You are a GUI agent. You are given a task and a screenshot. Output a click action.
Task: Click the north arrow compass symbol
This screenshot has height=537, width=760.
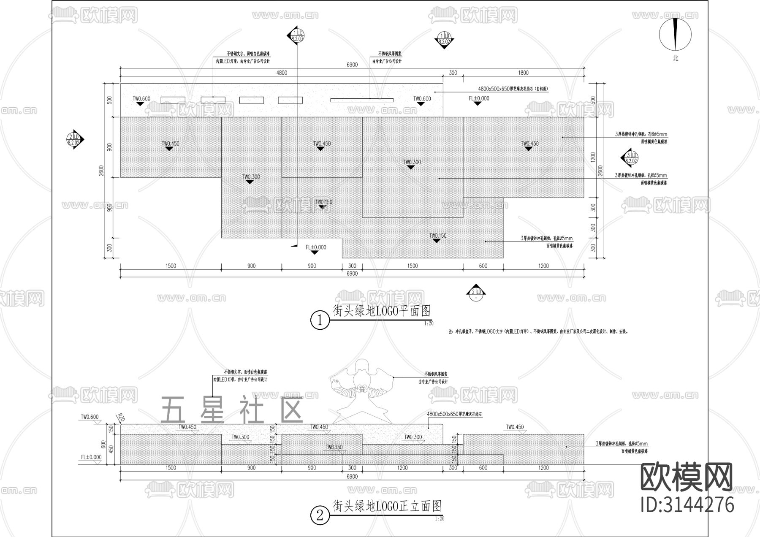[675, 35]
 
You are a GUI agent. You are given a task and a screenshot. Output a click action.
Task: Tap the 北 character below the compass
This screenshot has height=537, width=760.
[676, 58]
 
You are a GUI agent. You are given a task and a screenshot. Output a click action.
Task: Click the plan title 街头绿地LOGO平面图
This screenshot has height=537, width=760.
[382, 311]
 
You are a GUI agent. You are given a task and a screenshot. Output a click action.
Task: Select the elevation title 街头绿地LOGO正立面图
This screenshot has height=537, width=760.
[387, 506]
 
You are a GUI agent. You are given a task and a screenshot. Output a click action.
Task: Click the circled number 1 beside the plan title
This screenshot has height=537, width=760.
[320, 321]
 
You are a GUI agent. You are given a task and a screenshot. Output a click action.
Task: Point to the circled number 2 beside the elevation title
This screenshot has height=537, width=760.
[320, 515]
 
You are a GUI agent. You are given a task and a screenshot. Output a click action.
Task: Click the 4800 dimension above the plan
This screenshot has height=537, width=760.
[282, 73]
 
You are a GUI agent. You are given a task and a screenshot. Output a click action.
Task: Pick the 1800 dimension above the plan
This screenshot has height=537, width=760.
[523, 73]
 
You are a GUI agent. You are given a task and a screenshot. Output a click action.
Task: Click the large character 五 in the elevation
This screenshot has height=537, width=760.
[173, 410]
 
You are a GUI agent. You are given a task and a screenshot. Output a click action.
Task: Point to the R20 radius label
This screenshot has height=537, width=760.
[121, 418]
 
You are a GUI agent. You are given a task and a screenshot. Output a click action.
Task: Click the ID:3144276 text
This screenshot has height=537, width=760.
[687, 505]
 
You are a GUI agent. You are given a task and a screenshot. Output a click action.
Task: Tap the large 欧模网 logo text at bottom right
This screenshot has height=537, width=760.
[687, 477]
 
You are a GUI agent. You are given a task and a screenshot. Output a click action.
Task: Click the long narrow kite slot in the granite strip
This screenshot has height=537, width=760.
[361, 100]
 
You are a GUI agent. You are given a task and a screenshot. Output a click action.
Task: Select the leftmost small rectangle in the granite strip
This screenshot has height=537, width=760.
[173, 100]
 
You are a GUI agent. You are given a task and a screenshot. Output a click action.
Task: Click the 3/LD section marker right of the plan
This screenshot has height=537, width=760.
[630, 158]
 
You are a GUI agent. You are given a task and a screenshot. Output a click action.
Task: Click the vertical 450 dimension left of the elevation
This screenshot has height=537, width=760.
[111, 449]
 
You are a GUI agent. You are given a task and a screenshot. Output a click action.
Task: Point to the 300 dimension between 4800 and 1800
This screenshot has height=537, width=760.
[453, 73]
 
